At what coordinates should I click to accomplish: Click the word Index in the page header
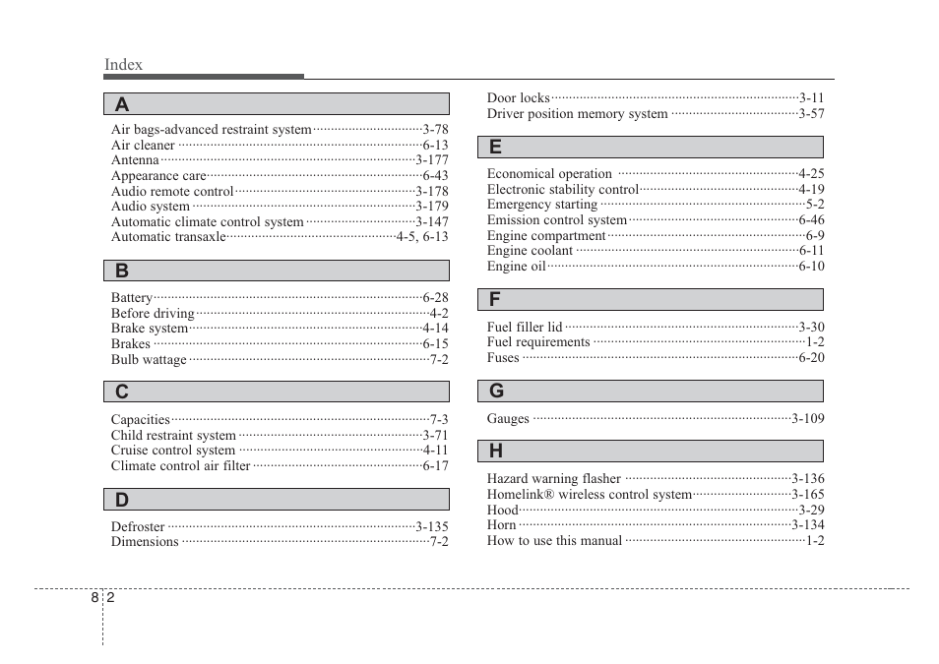(123, 65)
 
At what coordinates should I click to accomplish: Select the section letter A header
(122, 104)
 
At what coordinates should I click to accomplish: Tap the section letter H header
(496, 452)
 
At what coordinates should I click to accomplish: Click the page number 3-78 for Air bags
(435, 130)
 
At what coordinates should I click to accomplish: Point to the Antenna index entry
(135, 160)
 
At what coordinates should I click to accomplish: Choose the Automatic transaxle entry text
(168, 237)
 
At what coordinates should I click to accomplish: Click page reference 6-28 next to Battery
(435, 297)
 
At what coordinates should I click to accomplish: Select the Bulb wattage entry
(149, 360)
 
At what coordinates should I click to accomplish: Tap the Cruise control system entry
(172, 451)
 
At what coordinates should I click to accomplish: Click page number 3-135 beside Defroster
(431, 526)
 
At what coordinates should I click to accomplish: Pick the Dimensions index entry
(145, 542)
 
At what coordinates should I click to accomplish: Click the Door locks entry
(518, 98)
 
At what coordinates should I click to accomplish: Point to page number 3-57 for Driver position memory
(811, 114)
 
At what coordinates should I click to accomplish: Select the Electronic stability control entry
(562, 190)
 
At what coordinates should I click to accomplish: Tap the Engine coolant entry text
(530, 251)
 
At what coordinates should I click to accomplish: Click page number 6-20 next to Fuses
(811, 358)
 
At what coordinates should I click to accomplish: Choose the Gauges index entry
(508, 419)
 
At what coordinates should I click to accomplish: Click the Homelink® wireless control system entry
(589, 495)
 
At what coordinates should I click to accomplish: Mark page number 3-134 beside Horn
(807, 525)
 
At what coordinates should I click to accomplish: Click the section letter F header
(495, 299)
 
